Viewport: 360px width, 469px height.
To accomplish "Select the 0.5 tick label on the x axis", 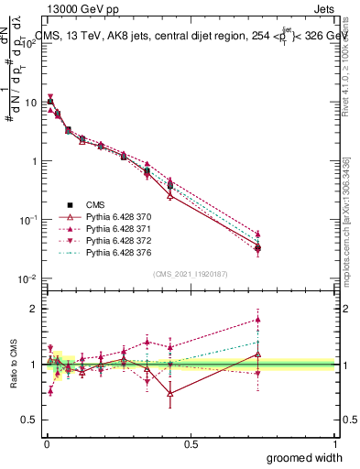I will (191, 442).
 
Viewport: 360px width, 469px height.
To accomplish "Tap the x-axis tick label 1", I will (335, 442).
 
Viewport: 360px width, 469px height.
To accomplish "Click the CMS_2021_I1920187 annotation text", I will (190, 274).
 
